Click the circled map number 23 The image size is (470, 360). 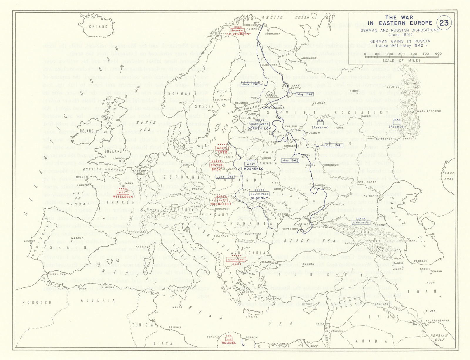[x=444, y=23]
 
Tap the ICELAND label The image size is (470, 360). [x=97, y=27]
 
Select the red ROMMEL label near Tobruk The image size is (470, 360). [x=229, y=343]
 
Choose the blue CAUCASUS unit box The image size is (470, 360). [x=361, y=222]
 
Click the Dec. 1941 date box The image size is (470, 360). [x=334, y=145]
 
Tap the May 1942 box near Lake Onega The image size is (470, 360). [x=305, y=94]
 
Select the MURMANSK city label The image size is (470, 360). [x=272, y=34]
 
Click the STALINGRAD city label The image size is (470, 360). [x=367, y=182]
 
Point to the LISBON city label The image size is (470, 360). [x=29, y=241]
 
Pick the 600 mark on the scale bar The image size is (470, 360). [x=438, y=54]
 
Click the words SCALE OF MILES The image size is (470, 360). [x=401, y=61]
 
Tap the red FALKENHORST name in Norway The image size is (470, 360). [x=239, y=34]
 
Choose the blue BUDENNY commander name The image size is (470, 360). [x=259, y=198]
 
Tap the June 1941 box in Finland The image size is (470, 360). [x=250, y=84]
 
